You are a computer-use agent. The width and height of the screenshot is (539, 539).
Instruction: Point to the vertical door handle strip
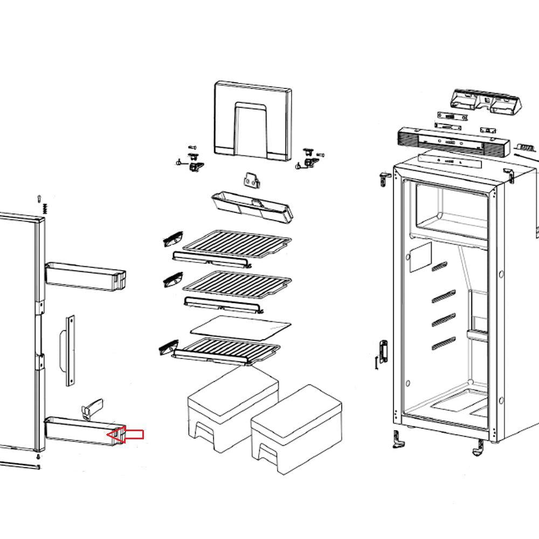70,351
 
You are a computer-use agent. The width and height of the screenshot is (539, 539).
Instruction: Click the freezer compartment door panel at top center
253,121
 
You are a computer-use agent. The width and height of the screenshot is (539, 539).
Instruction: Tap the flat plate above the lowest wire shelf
241,326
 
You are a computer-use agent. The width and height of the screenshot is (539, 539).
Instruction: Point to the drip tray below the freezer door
252,206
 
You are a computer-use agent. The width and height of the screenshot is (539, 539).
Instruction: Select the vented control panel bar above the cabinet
452,141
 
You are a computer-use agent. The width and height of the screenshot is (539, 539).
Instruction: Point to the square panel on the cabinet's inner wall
420,257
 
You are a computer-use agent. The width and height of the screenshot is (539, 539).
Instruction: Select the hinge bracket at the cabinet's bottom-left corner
398,439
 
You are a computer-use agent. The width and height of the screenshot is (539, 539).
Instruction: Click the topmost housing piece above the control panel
485,101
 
